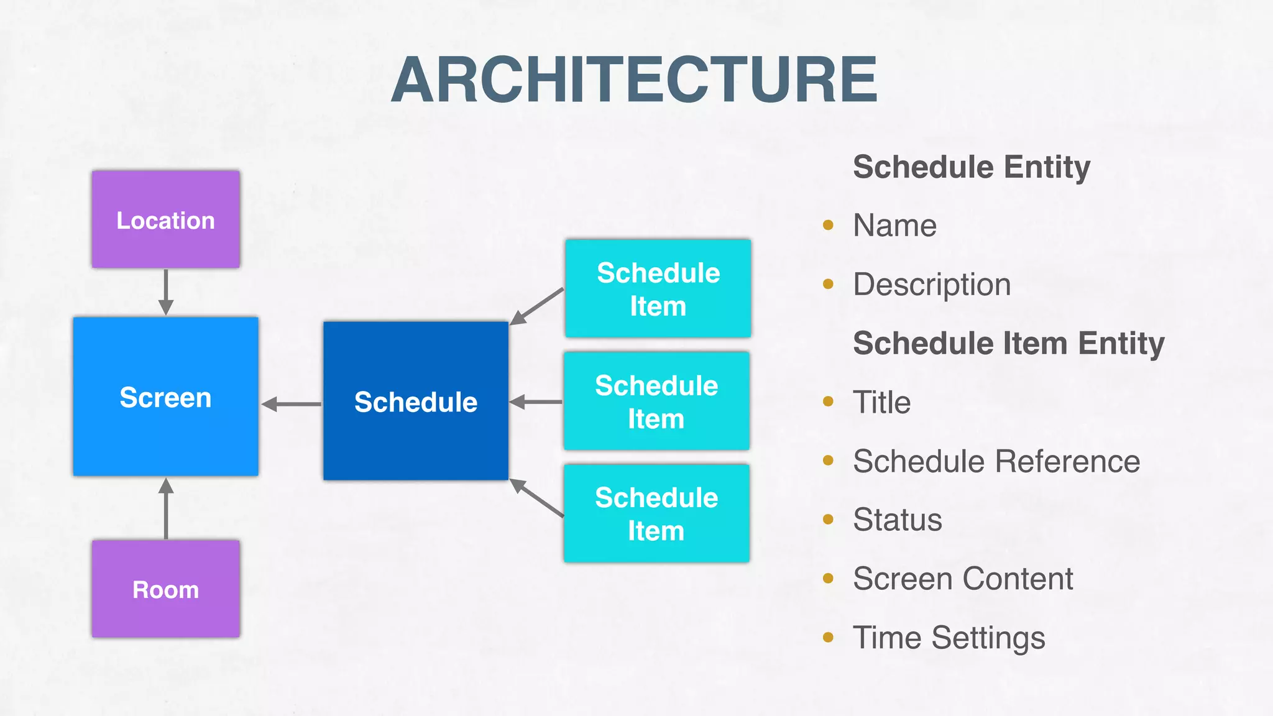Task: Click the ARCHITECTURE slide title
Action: click(634, 80)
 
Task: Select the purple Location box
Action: click(166, 219)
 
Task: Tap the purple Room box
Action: click(166, 589)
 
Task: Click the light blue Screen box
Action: click(166, 397)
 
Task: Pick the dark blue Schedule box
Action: click(416, 401)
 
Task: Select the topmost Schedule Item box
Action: click(658, 289)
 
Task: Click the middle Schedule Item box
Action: click(656, 401)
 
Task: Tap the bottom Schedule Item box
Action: click(656, 513)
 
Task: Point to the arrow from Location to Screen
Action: click(166, 292)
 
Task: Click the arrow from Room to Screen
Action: click(166, 508)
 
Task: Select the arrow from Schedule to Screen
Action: click(291, 404)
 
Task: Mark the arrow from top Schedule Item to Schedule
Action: click(536, 306)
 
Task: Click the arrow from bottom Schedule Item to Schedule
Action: click(536, 498)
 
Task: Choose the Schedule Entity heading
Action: click(972, 167)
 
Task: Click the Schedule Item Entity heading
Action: click(1009, 343)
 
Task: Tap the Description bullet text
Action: click(932, 285)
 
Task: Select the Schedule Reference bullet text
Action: click(996, 461)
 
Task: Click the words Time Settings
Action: click(949, 638)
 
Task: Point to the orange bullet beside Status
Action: click(828, 520)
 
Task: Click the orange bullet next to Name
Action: click(828, 225)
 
